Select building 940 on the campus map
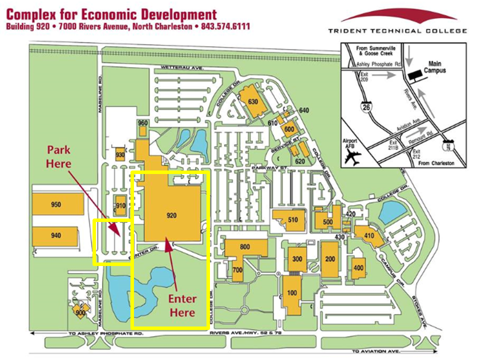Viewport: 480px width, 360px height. click(x=55, y=235)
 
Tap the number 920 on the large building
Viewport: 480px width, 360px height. click(x=171, y=215)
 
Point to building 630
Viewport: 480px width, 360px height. click(x=252, y=101)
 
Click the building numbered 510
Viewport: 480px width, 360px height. click(x=292, y=219)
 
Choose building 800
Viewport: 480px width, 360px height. click(x=244, y=247)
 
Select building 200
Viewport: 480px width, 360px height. click(x=330, y=259)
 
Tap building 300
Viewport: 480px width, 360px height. click(x=297, y=259)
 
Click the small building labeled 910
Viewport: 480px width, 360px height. click(x=120, y=205)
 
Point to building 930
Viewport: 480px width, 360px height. click(x=120, y=155)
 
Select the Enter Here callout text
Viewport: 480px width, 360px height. click(x=182, y=305)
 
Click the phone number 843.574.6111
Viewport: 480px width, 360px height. click(x=225, y=26)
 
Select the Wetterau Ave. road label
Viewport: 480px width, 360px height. click(x=181, y=67)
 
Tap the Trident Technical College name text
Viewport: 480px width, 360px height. click(x=397, y=31)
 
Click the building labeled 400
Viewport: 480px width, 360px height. click(x=358, y=268)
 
